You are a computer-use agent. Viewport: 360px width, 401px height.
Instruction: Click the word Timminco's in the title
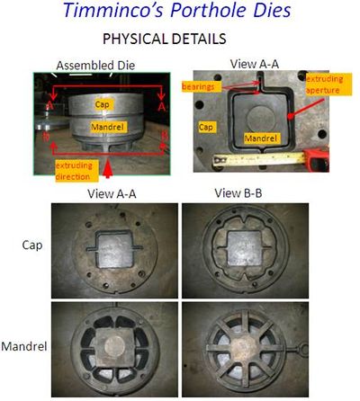click(x=113, y=11)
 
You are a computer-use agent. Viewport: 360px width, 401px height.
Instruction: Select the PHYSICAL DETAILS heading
click(x=165, y=39)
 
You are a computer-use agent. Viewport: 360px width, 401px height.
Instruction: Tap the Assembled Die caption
click(x=95, y=66)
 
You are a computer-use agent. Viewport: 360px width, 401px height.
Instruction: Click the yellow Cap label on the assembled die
click(x=102, y=104)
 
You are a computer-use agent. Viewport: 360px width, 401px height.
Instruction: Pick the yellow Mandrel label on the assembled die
click(x=108, y=127)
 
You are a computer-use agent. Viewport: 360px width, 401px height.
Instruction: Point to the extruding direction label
click(x=76, y=171)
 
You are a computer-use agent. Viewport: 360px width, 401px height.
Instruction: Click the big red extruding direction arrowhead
click(x=108, y=171)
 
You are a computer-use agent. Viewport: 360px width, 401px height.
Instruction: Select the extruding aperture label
click(x=328, y=85)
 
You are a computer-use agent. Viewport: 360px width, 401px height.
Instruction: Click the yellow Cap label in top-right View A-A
click(x=207, y=127)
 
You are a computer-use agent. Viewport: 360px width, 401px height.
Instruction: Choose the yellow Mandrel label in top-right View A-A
click(x=261, y=138)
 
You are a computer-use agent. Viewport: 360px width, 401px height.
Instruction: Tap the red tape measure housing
click(x=317, y=159)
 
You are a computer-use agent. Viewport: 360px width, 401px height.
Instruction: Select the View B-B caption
click(x=238, y=193)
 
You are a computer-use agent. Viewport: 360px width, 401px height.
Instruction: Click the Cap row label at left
click(x=32, y=245)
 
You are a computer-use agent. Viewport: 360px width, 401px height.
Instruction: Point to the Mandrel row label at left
click(x=24, y=346)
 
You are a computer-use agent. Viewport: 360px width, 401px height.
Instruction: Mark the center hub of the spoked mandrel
click(x=245, y=349)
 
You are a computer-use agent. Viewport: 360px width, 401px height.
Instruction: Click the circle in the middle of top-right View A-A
click(x=261, y=118)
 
